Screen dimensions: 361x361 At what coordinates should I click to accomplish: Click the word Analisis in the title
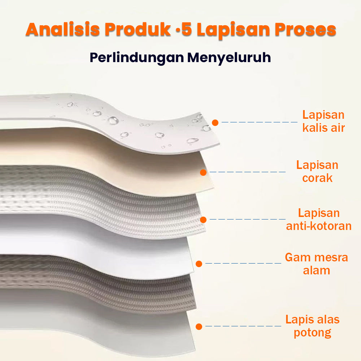[63, 29]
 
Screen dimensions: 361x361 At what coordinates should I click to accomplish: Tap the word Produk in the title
[138, 29]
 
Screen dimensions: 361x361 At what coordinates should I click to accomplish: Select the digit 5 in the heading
[187, 30]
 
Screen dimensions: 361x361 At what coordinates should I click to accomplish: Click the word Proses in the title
[305, 30]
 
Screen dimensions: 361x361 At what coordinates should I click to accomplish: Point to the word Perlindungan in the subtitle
[137, 58]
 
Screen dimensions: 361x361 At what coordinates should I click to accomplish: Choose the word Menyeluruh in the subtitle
[229, 57]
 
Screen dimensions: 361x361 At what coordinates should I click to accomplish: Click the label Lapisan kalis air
[323, 121]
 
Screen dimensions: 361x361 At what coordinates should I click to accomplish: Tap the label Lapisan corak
[317, 171]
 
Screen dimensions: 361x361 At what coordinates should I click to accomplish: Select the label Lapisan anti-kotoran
[319, 219]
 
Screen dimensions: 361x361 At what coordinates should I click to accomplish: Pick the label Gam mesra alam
[316, 264]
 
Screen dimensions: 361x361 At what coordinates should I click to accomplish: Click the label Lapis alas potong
[312, 326]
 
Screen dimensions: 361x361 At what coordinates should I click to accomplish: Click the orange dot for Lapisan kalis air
[215, 123]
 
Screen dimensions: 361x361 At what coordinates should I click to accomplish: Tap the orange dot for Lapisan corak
[203, 173]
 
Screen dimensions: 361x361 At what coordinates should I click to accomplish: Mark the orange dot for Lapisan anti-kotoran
[203, 220]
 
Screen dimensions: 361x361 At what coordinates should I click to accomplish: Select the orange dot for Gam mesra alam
[199, 264]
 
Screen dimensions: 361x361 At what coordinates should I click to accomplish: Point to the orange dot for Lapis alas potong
[199, 326]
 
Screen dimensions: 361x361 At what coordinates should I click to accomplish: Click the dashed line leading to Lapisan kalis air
[260, 122]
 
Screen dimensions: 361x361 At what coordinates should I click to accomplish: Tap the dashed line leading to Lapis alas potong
[243, 326]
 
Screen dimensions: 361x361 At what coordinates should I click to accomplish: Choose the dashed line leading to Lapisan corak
[248, 172]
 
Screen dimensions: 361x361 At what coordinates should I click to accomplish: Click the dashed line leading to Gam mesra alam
[243, 263]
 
